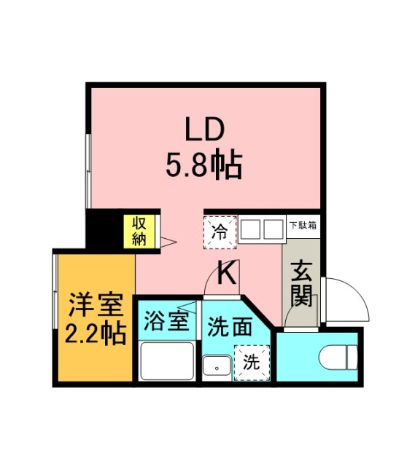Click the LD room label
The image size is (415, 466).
click(x=206, y=131)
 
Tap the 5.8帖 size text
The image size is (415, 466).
click(x=205, y=167)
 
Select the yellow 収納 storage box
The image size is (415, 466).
click(x=139, y=231)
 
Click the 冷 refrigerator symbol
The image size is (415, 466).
click(x=219, y=232)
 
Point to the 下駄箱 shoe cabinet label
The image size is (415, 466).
click(x=302, y=225)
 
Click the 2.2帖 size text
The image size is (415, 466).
click(x=93, y=334)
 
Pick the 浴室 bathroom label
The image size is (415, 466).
click(x=166, y=321)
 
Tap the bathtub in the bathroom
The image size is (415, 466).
click(x=167, y=360)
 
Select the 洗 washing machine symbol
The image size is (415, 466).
click(x=251, y=361)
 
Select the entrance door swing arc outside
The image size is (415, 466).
click(x=347, y=299)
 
